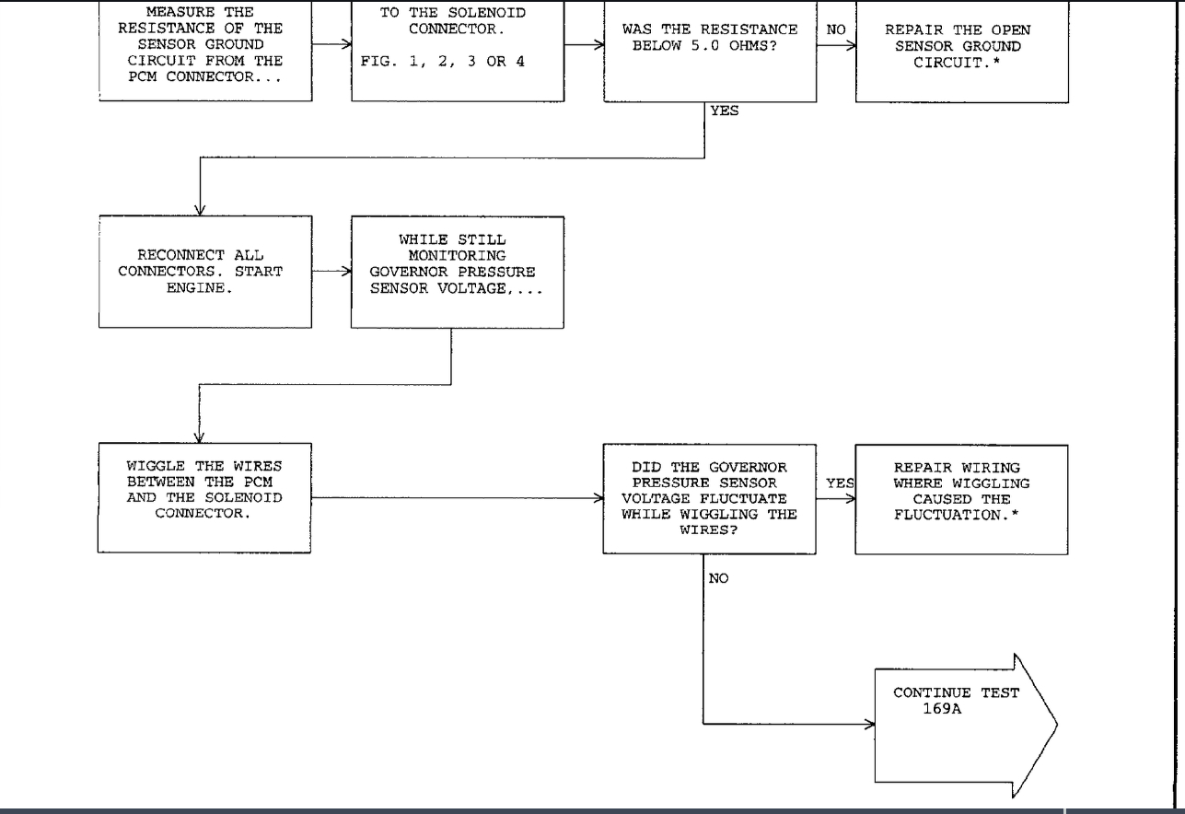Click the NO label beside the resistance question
pyautogui.click(x=835, y=30)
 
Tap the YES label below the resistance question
pyautogui.click(x=724, y=111)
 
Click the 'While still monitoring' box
pyautogui.click(x=457, y=271)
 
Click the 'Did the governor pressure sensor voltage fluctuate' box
pyautogui.click(x=709, y=498)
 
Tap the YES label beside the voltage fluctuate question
pyautogui.click(x=840, y=483)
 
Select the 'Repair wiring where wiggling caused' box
pyautogui.click(x=961, y=498)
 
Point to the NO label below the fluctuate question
pyautogui.click(x=719, y=579)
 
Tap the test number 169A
pyautogui.click(x=943, y=709)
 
